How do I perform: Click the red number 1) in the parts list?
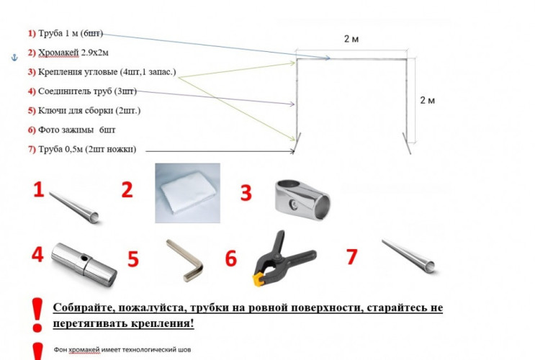point(32,33)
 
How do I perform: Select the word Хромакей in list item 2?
point(58,53)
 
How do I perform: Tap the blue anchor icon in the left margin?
point(14,58)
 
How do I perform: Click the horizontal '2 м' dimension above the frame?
point(351,39)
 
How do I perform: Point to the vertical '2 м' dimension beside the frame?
point(428,100)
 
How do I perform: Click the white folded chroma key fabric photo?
point(188,193)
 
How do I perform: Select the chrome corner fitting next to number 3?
point(302,200)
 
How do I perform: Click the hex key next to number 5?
point(185,261)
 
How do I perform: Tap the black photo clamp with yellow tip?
point(284,258)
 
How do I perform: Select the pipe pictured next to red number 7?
point(408,256)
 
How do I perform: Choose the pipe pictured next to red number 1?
point(74,207)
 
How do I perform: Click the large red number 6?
point(231,258)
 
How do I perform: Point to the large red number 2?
point(127,190)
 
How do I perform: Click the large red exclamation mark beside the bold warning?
point(37,315)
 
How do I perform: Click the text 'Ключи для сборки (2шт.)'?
point(89,111)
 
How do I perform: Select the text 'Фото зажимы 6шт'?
point(77,130)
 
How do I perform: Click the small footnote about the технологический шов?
point(122,350)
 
